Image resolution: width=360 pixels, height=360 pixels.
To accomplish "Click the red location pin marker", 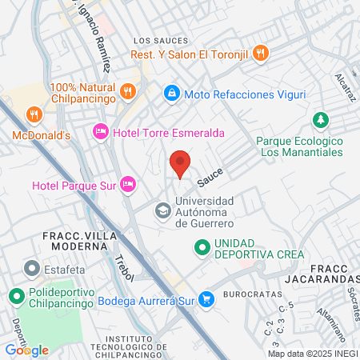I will click(180, 162).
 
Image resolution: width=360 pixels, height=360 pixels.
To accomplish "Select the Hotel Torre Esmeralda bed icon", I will click(101, 130).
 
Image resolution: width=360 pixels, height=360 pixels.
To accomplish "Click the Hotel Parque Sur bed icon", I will click(127, 186).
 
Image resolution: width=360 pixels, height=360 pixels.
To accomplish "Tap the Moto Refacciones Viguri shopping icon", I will click(171, 94).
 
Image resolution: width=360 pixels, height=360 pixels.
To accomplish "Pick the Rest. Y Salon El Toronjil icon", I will click(260, 54).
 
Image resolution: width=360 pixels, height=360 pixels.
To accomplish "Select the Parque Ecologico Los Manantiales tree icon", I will click(320, 119).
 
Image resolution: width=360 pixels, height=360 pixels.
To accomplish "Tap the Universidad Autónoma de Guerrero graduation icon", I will click(162, 211).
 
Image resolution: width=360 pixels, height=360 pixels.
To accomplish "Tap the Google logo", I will click(26, 350).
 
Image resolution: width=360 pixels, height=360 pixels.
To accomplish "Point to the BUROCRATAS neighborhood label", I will click(246, 294).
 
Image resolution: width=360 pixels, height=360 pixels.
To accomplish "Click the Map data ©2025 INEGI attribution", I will click(312, 354).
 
